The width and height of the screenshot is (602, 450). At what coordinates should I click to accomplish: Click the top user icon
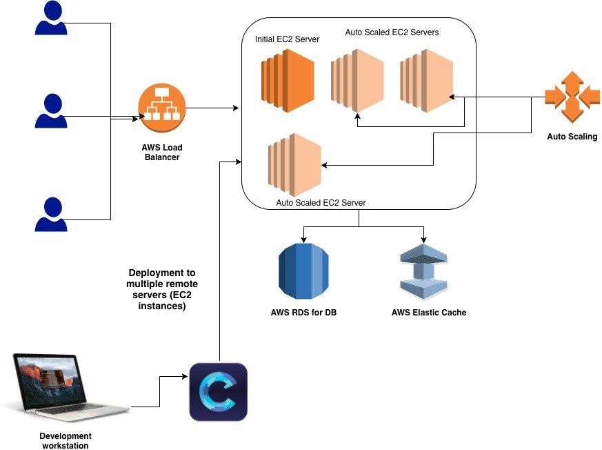(51, 18)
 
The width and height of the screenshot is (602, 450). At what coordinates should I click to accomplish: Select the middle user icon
(51, 111)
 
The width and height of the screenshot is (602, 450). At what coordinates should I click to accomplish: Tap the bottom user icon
(51, 214)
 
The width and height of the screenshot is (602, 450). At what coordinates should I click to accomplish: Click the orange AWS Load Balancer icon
(162, 108)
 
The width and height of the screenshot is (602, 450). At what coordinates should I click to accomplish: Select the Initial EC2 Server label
(287, 39)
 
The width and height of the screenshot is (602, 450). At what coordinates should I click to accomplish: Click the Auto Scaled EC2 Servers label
(392, 32)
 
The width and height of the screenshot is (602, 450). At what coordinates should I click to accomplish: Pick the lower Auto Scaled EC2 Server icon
(294, 165)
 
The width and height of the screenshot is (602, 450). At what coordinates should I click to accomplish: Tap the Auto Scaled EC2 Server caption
(321, 203)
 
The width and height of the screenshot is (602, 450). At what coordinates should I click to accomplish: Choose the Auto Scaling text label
(572, 137)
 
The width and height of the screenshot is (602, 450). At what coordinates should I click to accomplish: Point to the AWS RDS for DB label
(303, 313)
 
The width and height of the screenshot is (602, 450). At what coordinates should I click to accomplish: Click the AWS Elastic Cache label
(429, 313)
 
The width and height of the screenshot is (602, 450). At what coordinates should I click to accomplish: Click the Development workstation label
(66, 440)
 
